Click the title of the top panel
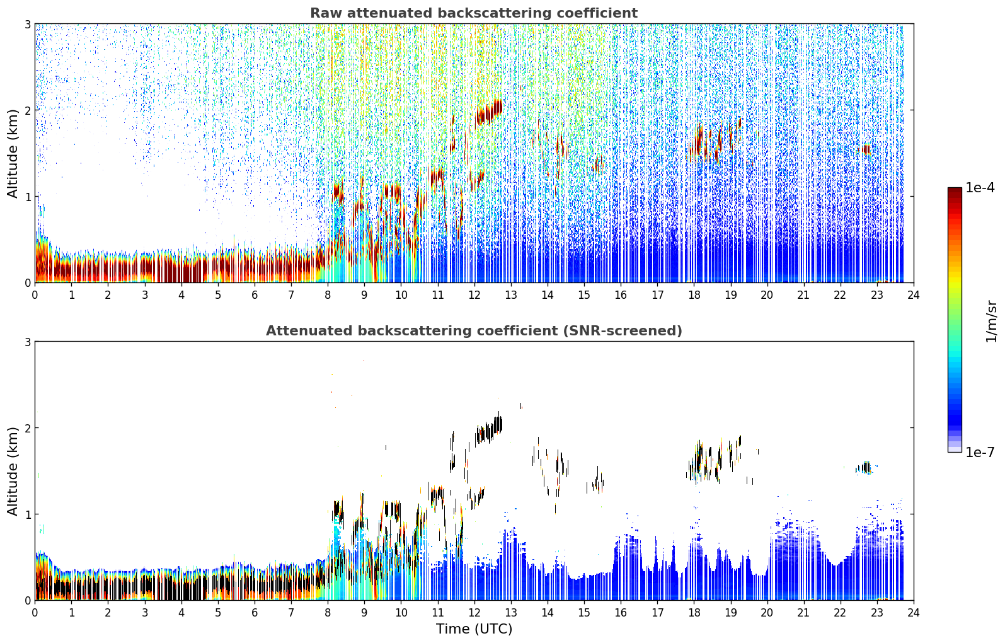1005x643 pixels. [474, 13]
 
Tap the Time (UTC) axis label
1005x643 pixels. [474, 629]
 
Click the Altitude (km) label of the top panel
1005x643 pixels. [13, 154]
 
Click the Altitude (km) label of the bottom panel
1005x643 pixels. [13, 471]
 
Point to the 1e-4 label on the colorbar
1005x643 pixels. [980, 188]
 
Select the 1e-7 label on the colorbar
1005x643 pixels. [980, 452]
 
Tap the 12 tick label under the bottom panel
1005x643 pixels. [474, 613]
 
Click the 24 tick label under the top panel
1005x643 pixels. [914, 295]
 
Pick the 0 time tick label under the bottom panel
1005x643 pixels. [35, 613]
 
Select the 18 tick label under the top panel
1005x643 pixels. [694, 295]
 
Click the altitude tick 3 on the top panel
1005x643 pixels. [27, 24]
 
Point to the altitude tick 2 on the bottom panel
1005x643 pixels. [27, 428]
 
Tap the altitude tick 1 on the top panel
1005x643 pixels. [27, 196]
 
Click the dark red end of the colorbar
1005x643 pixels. [955, 190]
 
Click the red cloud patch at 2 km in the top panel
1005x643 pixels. [488, 112]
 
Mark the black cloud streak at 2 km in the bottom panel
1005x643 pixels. [489, 427]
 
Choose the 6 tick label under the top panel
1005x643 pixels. [255, 295]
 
